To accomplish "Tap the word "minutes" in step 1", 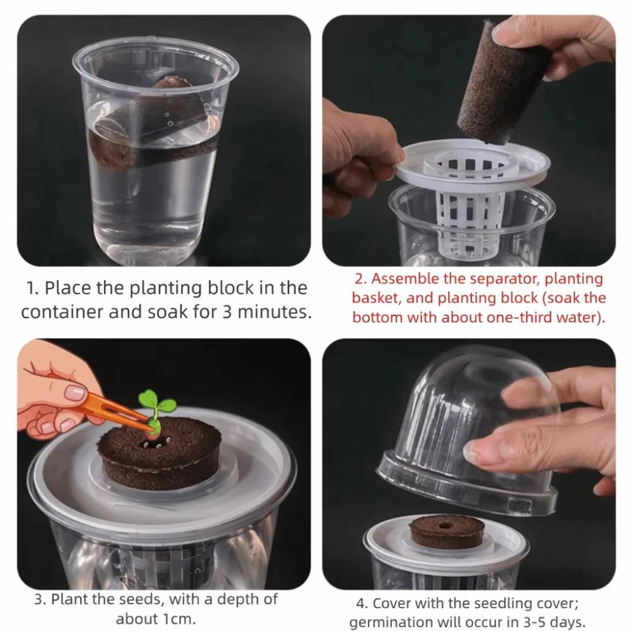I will coord(269,312).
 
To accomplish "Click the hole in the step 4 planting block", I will coord(446,524).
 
